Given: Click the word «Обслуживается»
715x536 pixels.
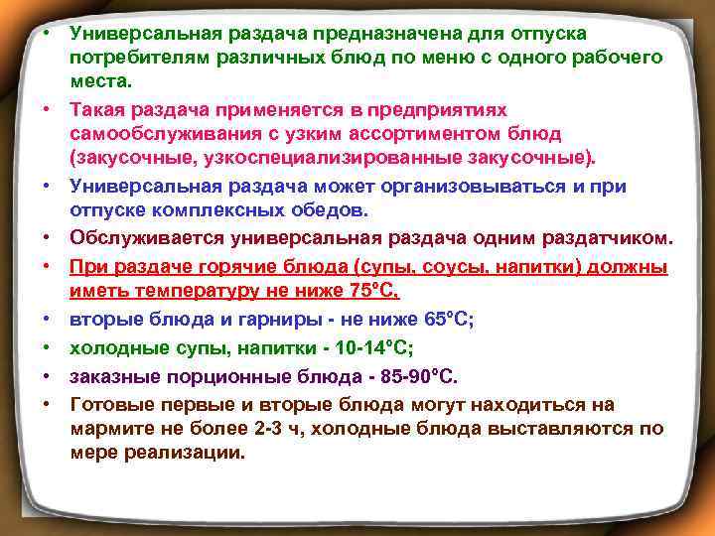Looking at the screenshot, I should [x=146, y=238].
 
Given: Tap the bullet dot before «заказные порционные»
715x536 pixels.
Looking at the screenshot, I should [x=46, y=377].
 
